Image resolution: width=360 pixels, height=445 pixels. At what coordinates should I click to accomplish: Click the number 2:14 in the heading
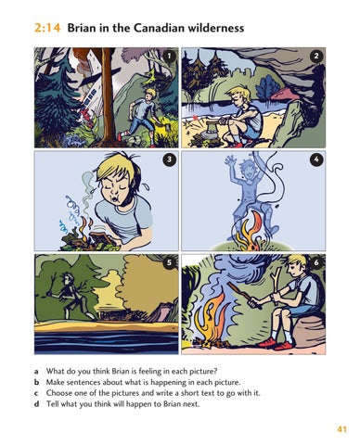(47, 29)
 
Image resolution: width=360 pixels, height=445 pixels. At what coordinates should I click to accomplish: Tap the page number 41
(341, 429)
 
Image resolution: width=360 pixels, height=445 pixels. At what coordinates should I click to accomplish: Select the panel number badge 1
(169, 56)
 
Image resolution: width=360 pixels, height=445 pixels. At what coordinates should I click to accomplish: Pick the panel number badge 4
(316, 159)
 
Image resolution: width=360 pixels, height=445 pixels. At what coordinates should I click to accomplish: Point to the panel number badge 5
(169, 262)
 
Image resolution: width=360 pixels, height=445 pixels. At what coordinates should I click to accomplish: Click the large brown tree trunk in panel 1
(108, 95)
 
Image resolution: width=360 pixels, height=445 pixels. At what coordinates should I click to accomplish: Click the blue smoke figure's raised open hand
(230, 161)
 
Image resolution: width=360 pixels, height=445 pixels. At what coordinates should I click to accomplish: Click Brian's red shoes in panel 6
(277, 344)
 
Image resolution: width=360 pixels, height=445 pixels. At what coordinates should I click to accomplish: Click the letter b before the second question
(37, 382)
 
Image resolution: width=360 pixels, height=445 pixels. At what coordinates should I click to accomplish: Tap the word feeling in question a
(150, 371)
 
